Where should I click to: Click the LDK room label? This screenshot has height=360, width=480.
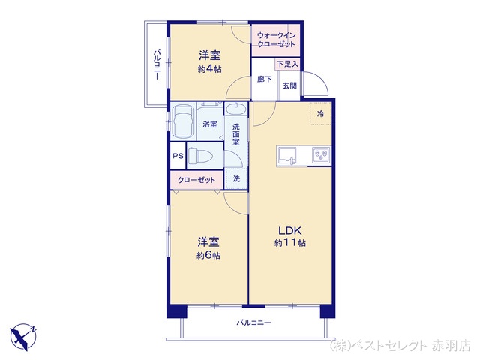pyautogui.click(x=290, y=230)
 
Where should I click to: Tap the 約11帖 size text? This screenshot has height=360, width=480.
pyautogui.click(x=290, y=243)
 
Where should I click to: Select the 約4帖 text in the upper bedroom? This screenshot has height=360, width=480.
pyautogui.click(x=210, y=69)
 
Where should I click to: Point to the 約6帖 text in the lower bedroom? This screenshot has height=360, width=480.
pyautogui.click(x=208, y=255)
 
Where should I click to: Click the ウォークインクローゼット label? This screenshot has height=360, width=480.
pyautogui.click(x=276, y=40)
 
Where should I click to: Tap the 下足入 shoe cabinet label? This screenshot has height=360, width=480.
pyautogui.click(x=287, y=64)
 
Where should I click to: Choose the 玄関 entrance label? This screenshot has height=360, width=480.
pyautogui.click(x=289, y=85)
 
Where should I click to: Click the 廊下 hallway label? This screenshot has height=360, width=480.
pyautogui.click(x=265, y=79)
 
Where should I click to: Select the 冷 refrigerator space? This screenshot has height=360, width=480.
pyautogui.click(x=320, y=114)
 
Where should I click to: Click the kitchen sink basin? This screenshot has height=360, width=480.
pyautogui.click(x=286, y=155)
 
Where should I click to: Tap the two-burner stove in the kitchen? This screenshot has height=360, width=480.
pyautogui.click(x=321, y=155)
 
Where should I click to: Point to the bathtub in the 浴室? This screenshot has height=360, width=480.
pyautogui.click(x=183, y=121)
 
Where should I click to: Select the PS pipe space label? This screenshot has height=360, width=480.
pyautogui.click(x=178, y=156)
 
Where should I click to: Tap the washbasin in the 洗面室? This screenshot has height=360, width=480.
pyautogui.click(x=235, y=109)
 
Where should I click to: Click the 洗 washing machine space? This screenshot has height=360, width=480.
pyautogui.click(x=236, y=178)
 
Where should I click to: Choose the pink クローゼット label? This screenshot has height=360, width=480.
pyautogui.click(x=196, y=180)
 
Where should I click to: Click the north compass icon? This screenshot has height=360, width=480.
pyautogui.click(x=23, y=337)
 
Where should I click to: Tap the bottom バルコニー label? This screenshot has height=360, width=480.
pyautogui.click(x=254, y=322)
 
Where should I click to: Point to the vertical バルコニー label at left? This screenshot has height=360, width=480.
pyautogui.click(x=157, y=64)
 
